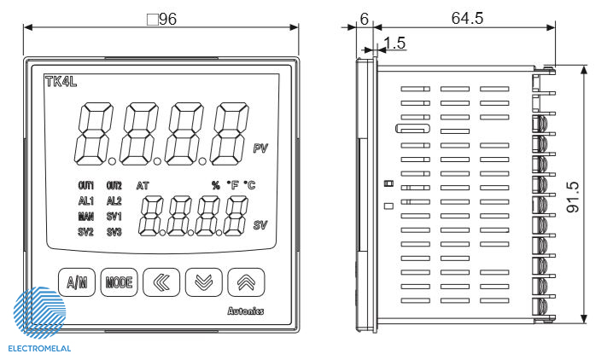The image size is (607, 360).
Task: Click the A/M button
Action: click(77, 282)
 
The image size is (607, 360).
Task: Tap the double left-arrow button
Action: click(161, 282)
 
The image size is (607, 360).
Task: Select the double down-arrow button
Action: click(204, 282)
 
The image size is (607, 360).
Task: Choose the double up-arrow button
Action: click(246, 282)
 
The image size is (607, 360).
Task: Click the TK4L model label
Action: click(61, 82)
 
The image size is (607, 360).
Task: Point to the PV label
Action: click(260, 148)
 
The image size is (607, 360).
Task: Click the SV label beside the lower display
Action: click(260, 225)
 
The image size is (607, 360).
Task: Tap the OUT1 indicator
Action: click(86, 186)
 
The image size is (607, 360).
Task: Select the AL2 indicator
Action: click(114, 201)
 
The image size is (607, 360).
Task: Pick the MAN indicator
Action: click(86, 217)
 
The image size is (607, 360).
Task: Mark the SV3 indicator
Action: click(114, 232)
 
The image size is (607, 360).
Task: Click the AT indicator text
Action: click(143, 186)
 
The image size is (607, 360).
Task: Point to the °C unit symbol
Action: click(249, 185)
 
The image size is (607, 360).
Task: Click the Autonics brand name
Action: click(246, 311)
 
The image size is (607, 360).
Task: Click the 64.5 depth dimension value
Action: click(467, 18)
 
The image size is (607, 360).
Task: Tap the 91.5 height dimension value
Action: click(574, 197)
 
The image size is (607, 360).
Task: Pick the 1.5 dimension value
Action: click(395, 43)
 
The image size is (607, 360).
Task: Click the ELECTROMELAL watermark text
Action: click(39, 349)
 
